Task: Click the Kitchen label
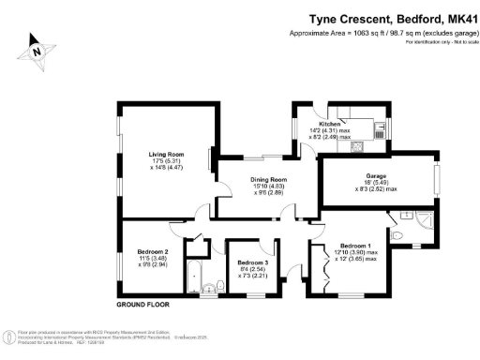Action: click(x=328, y=124)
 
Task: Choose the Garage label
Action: click(x=375, y=175)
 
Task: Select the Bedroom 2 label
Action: click(x=153, y=252)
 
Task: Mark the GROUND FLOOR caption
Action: click(x=143, y=306)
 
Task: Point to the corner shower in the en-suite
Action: click(x=425, y=220)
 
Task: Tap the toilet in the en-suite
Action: click(x=398, y=233)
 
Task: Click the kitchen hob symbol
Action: click(x=357, y=146)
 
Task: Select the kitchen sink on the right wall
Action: click(x=379, y=132)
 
